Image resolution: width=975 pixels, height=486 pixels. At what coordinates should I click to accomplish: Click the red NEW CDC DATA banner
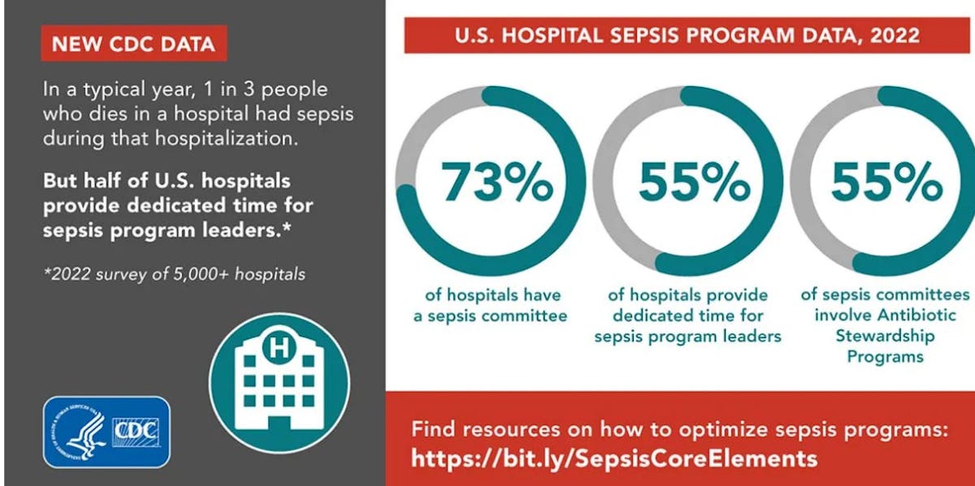click(x=133, y=45)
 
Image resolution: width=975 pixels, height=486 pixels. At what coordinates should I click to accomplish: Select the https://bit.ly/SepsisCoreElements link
click(x=613, y=458)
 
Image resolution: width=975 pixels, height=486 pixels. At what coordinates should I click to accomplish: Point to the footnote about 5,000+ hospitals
click(x=175, y=274)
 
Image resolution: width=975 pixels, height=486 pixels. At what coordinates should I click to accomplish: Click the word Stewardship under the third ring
click(x=886, y=336)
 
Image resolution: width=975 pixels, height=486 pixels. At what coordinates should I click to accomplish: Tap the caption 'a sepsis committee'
click(x=490, y=315)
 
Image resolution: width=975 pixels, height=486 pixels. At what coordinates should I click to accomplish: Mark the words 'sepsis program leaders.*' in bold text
click(x=167, y=231)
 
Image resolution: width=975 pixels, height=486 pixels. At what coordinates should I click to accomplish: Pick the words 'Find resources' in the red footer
click(x=474, y=428)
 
